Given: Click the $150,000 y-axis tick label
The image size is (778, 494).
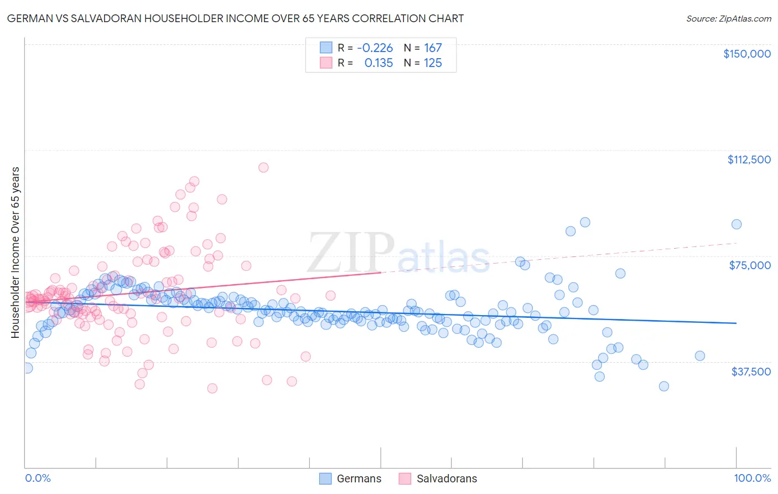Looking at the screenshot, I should (x=746, y=54).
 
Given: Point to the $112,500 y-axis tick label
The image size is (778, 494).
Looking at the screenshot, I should (x=749, y=159).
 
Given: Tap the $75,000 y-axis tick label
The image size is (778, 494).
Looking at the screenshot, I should (x=750, y=265).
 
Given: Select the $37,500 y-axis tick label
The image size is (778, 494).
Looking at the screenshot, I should (x=751, y=372).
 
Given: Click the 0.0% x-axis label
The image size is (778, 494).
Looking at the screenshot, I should (x=38, y=478).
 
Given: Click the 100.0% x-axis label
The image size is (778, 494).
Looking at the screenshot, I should (x=752, y=478).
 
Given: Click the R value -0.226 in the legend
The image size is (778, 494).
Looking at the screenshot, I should (x=375, y=48).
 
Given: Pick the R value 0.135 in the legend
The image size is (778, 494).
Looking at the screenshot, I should (x=378, y=63).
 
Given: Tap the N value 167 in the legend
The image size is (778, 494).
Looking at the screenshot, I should (x=433, y=48).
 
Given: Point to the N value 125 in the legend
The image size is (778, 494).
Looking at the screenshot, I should (x=433, y=63).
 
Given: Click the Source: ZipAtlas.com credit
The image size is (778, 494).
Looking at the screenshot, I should (x=728, y=18).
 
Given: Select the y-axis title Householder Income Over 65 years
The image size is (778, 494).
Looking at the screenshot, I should (x=15, y=252).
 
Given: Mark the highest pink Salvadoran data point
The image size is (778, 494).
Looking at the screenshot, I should (x=263, y=167).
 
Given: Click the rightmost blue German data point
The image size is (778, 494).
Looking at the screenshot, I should (x=736, y=224).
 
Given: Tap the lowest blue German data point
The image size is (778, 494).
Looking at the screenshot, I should (x=664, y=386).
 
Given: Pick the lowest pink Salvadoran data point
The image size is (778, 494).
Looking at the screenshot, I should (x=212, y=388).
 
